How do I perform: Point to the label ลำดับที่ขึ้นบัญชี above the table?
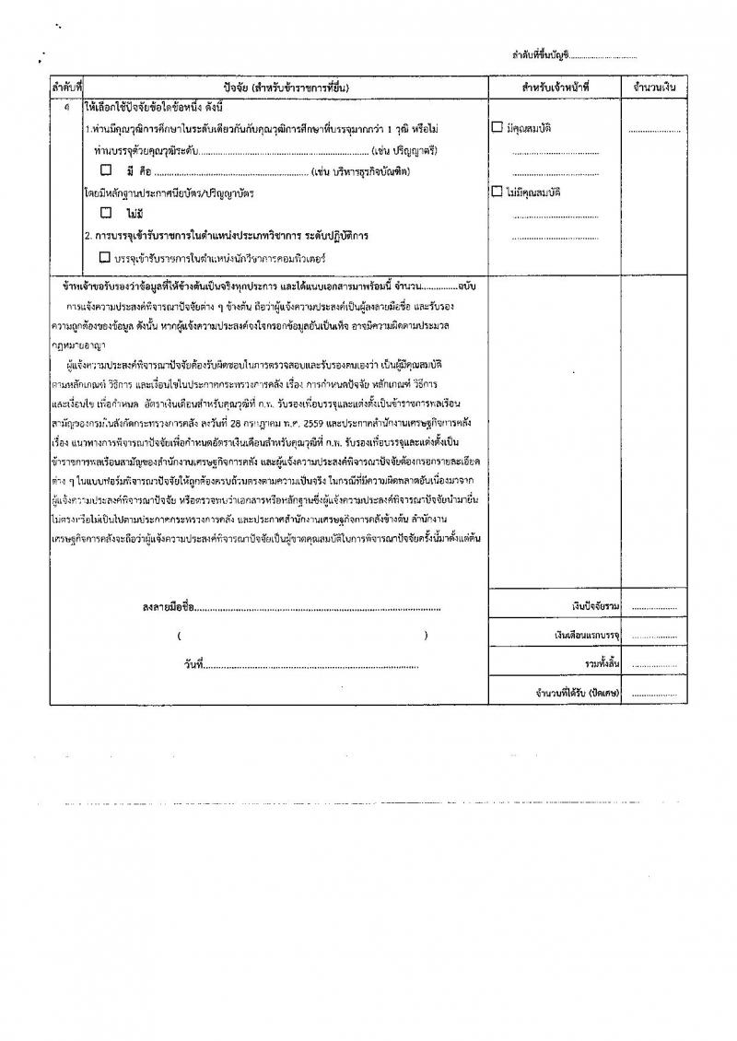pos(540,56)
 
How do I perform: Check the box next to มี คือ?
pos(106,170)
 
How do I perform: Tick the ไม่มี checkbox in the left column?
pos(106,213)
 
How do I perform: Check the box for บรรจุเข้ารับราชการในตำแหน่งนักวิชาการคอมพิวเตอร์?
pos(104,257)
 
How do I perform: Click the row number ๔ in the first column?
pos(66,108)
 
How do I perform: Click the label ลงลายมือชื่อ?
pos(170,607)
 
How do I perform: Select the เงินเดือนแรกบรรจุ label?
pos(589,636)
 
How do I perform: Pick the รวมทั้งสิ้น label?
pos(602,663)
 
